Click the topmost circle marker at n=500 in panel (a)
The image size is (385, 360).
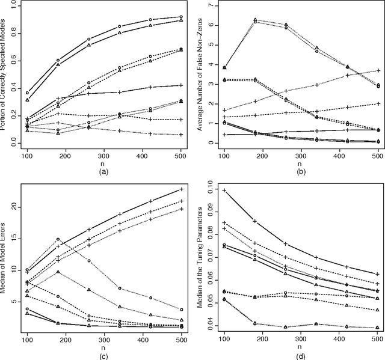pyautogui.click(x=181, y=17)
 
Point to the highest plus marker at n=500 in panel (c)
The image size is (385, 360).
pyautogui.click(x=181, y=189)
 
